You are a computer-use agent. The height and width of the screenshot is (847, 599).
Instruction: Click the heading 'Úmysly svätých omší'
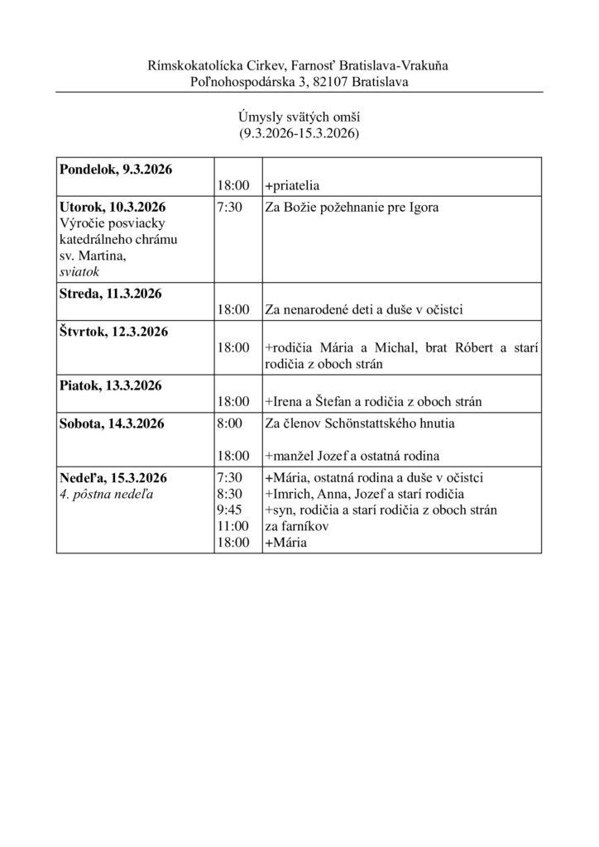pos(299,118)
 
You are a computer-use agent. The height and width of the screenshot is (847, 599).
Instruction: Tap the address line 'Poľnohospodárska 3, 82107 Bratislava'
pos(299,80)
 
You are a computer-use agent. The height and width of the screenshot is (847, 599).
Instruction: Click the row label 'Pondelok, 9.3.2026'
pos(115,170)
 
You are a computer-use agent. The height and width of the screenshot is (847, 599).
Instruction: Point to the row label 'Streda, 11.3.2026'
pos(110,294)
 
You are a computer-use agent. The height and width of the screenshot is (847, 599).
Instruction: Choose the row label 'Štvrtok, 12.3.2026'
pos(113,332)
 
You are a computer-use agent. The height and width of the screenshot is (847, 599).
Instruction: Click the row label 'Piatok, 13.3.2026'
pos(110,385)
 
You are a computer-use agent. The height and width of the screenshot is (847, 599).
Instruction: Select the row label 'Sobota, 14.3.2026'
pos(112,423)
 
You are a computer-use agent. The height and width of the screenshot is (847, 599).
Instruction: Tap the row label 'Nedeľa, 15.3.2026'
pos(113,477)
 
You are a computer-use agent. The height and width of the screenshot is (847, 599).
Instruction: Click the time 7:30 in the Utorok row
pos(228,208)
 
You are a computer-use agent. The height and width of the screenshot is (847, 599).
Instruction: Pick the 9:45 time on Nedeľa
pos(228,510)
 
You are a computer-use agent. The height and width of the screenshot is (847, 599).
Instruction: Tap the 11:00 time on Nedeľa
pos(231,526)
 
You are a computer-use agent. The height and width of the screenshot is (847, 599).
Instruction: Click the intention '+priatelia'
pos(292,186)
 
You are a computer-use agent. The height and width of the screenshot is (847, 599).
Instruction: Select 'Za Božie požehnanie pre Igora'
pos(352,208)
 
